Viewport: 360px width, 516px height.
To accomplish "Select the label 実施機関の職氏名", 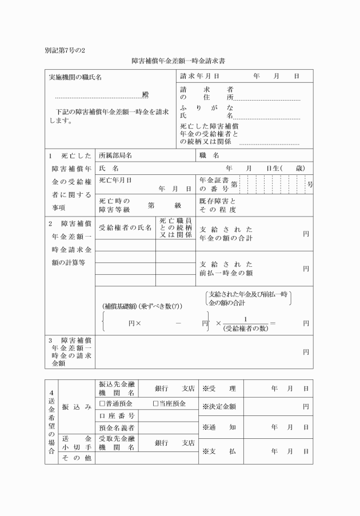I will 75,77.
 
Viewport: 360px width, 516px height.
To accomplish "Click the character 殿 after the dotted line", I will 145,94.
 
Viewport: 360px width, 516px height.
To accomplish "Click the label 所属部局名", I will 116,155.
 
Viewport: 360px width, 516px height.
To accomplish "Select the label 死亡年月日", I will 115,180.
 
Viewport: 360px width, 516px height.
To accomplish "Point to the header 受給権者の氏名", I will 125,227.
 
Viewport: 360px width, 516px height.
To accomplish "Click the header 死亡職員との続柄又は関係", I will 175,227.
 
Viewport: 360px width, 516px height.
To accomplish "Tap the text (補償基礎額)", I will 121,305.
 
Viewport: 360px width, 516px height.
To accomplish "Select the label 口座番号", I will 117,415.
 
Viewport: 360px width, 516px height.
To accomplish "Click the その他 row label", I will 76,458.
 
